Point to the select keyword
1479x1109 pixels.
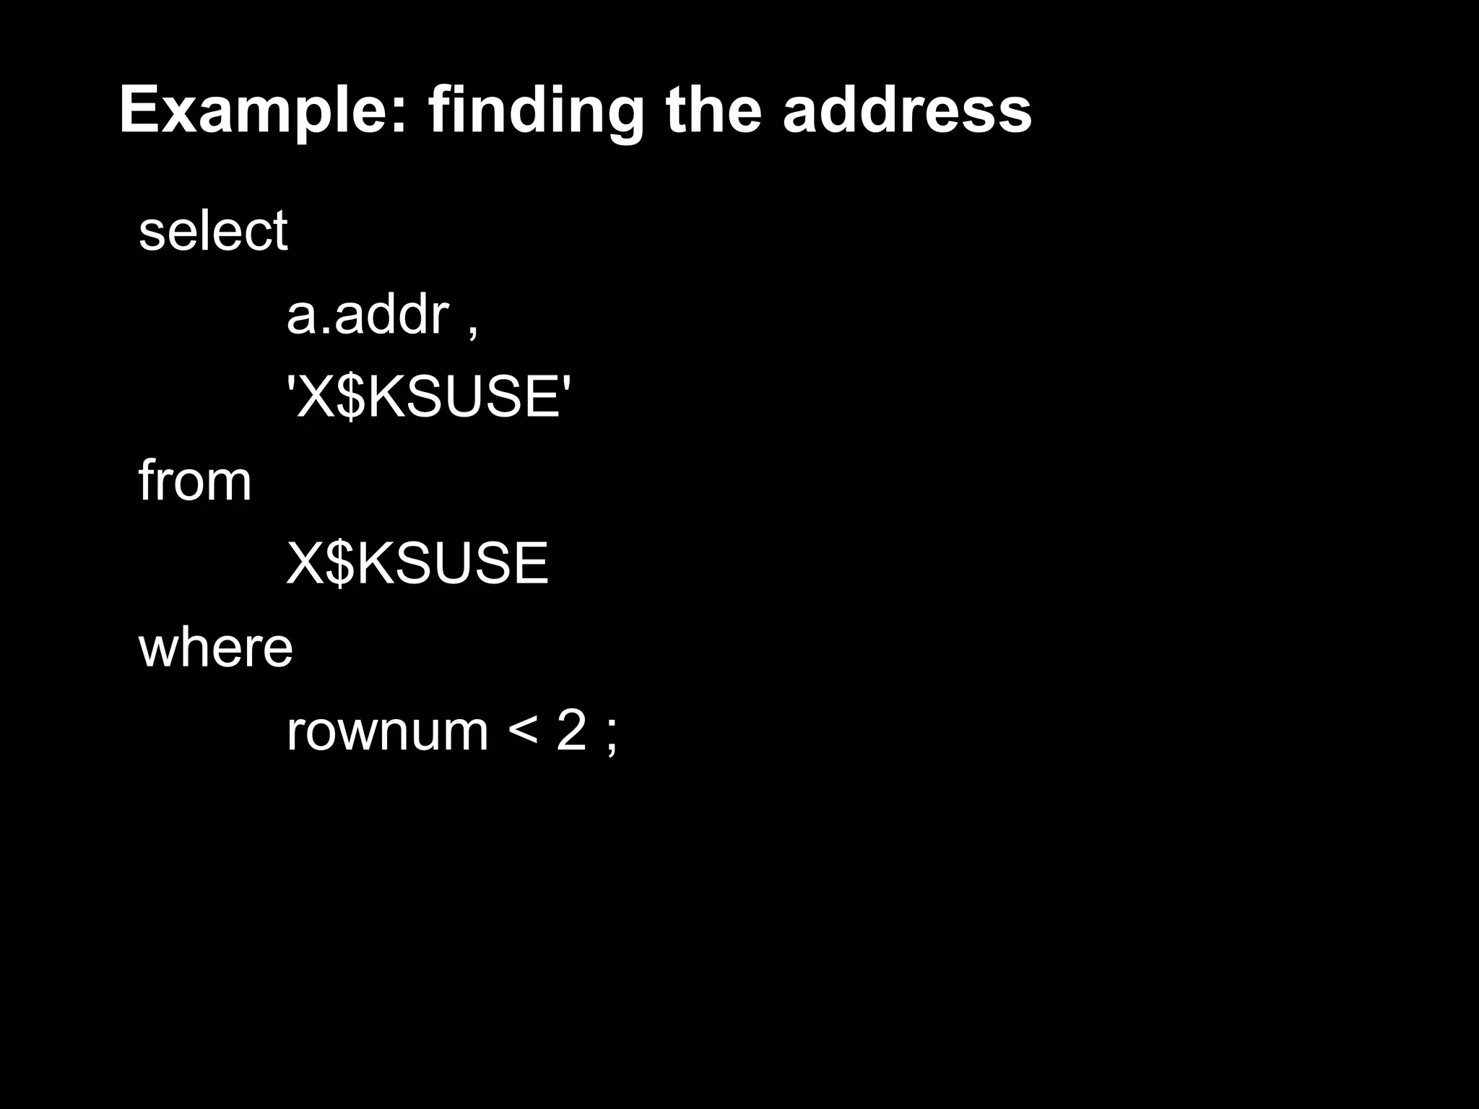tap(213, 231)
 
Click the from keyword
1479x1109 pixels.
tap(195, 481)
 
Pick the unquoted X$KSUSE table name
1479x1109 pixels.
tap(417, 564)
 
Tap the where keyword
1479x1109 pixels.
tap(215, 648)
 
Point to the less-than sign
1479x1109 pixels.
tap(522, 731)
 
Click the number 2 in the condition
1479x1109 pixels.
tap(571, 731)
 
